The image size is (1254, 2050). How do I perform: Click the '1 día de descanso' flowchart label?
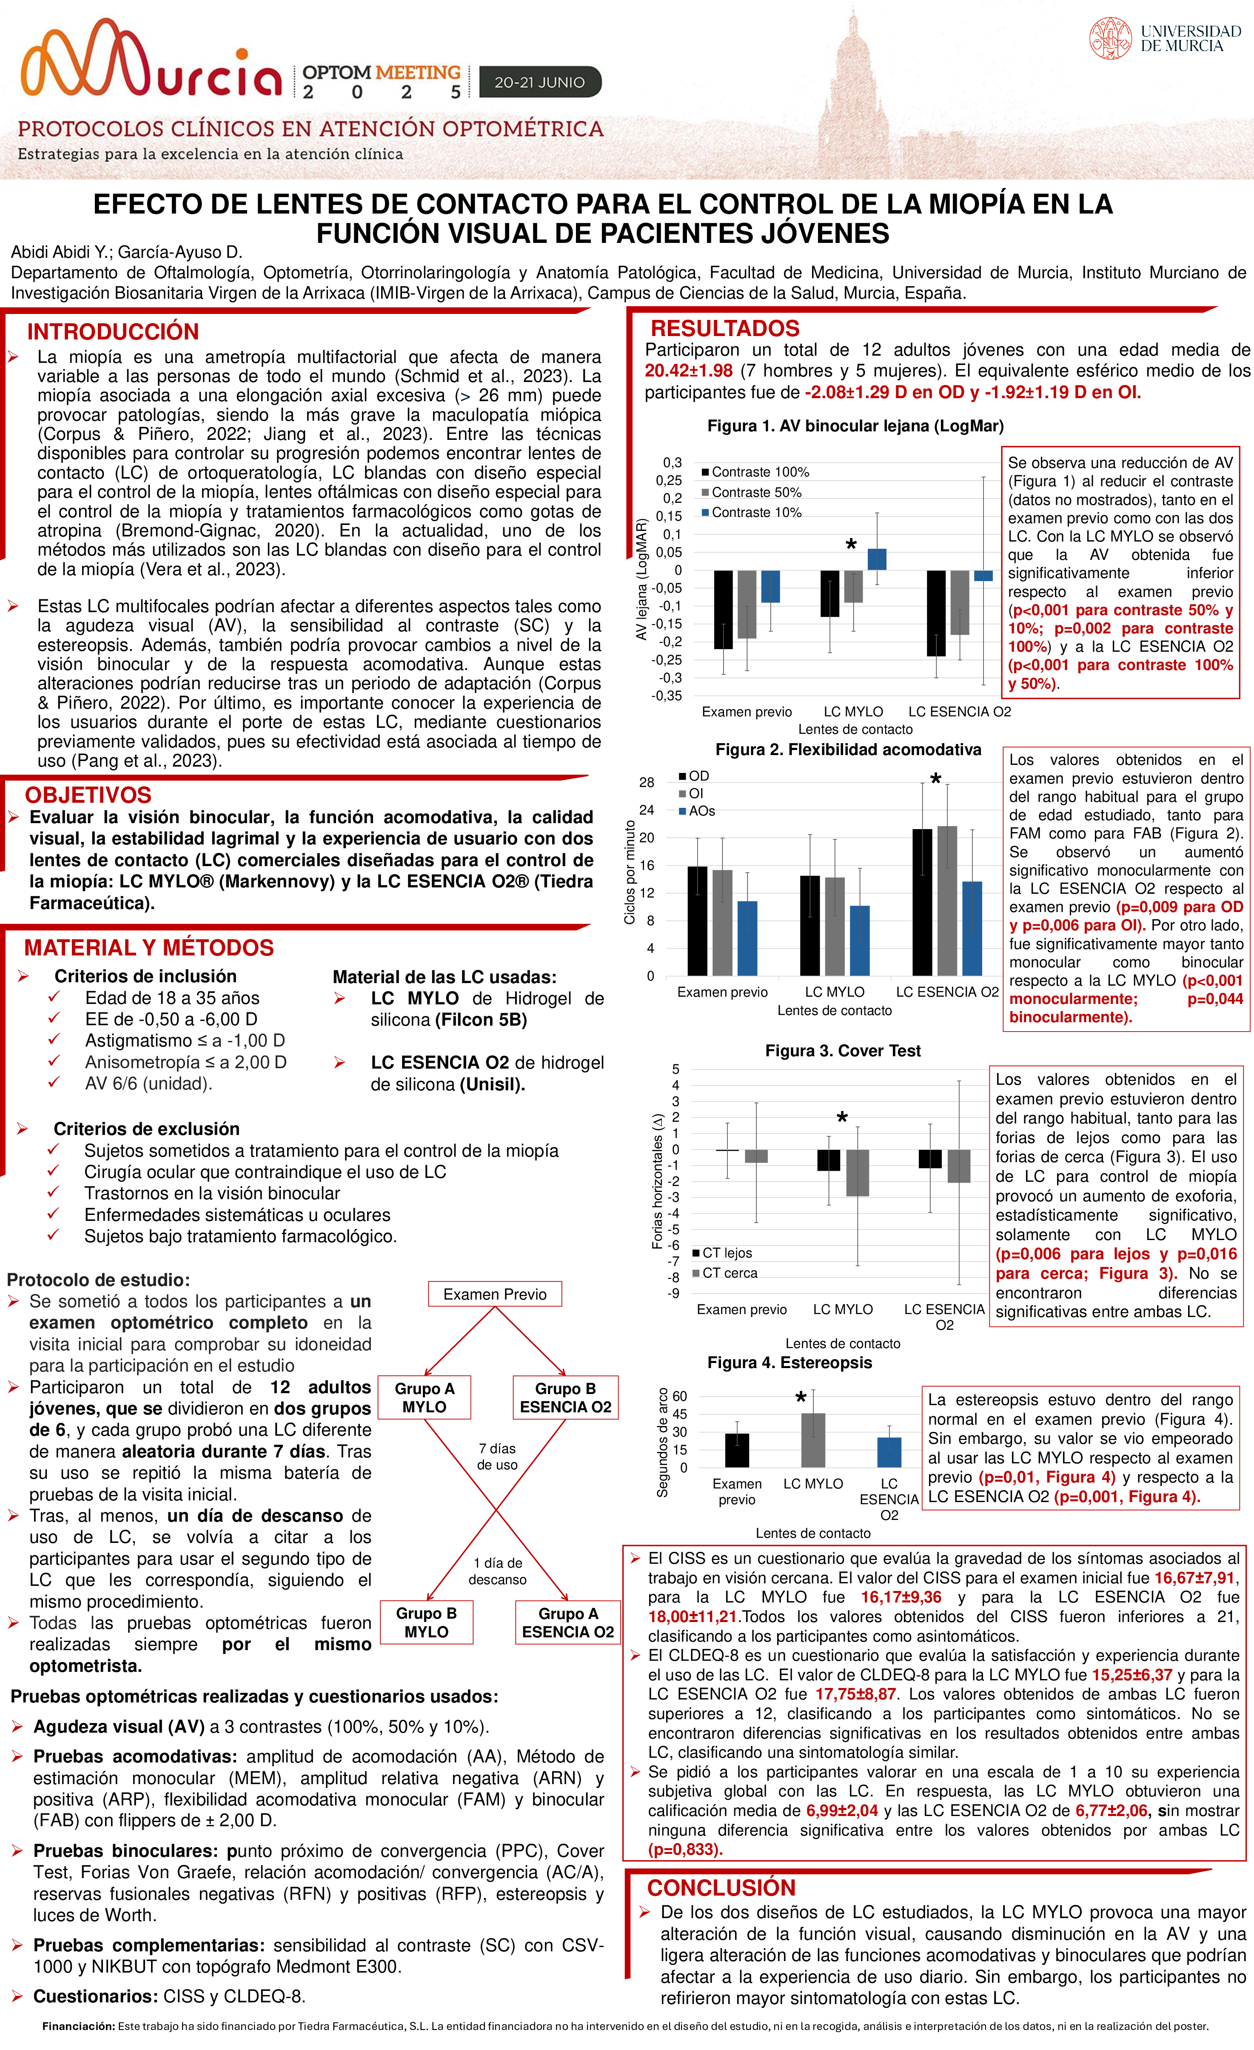coord(498,1571)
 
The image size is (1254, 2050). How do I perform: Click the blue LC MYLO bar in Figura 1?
coord(877,559)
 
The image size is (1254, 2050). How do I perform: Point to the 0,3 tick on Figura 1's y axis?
coord(673,462)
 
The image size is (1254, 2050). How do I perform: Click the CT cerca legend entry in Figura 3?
coord(729,1272)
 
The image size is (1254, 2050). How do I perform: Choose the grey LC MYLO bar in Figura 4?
coord(813,1440)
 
